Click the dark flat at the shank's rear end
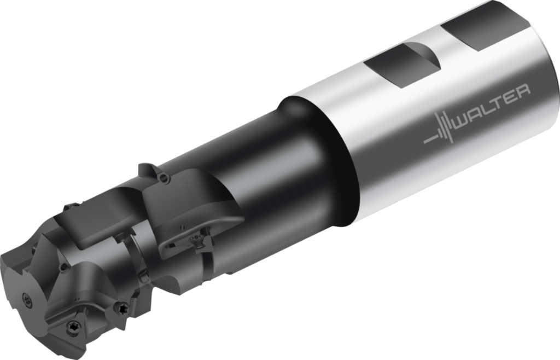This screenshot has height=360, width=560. [x=486, y=26]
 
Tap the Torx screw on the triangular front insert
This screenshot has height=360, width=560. [x=73, y=326]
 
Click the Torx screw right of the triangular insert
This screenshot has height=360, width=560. [x=122, y=307]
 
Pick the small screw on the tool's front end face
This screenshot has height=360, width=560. [x=26, y=299]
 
